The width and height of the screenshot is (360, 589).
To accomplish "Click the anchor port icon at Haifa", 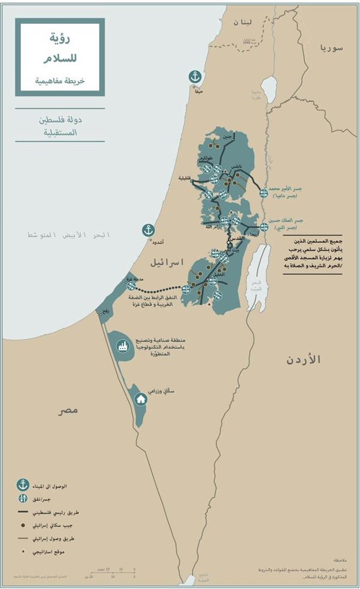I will click(x=194, y=76).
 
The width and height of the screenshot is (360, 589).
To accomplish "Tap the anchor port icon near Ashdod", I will click(x=148, y=229).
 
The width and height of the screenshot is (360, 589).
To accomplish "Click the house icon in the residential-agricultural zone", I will click(x=141, y=399).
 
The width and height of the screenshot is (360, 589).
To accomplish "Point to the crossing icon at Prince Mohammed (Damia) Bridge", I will click(x=263, y=193).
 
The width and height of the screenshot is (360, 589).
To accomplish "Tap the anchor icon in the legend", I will click(x=23, y=484).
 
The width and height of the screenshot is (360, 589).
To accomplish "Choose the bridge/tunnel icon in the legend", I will click(x=23, y=498).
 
